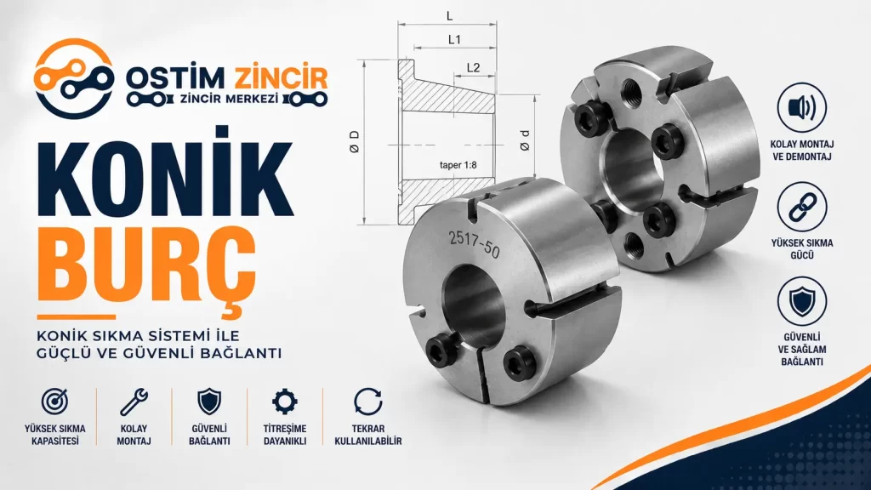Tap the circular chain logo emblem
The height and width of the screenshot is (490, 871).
tap(73, 78)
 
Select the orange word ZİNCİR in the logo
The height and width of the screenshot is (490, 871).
tap(281, 78)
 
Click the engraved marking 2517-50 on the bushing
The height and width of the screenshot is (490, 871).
tap(475, 245)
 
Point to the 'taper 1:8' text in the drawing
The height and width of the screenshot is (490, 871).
tap(458, 165)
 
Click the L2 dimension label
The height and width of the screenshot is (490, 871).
tap(473, 68)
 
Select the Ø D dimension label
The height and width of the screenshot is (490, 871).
tap(355, 142)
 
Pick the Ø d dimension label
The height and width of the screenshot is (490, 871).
tap(524, 141)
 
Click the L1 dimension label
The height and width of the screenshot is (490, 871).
tap(454, 39)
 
